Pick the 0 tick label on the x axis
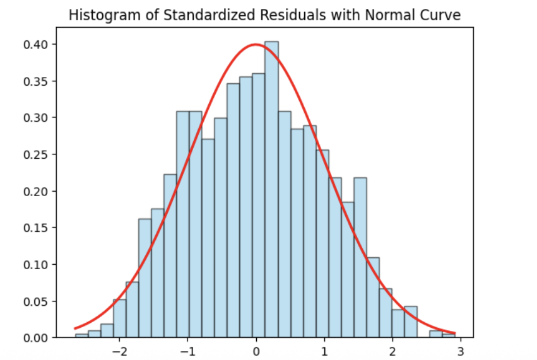point(256,351)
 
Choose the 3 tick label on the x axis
point(461,351)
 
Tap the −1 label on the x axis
point(187,351)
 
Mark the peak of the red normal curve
point(256,45)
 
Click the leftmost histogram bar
point(81,335)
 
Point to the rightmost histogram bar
point(449,335)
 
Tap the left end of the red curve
point(75,328)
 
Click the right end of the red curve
point(455,333)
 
